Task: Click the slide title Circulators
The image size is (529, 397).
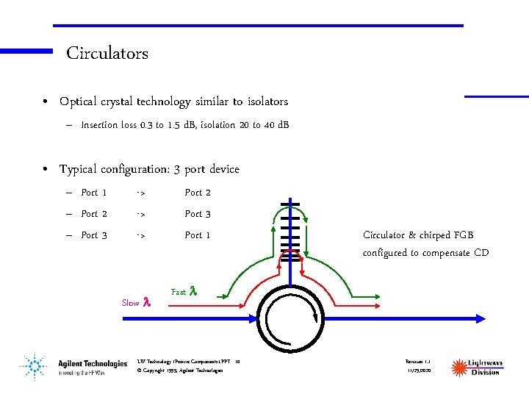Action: [107, 54]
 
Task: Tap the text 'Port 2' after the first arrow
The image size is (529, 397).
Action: [198, 193]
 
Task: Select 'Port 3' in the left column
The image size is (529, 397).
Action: [94, 235]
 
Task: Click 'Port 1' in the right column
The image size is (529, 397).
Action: [198, 235]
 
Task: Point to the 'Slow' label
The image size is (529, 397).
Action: [130, 303]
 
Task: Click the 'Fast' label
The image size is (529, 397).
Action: [179, 292]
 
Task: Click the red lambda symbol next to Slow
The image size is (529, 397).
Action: [146, 302]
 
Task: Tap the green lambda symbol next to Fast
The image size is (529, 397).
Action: [193, 291]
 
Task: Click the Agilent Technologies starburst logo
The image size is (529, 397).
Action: [33, 365]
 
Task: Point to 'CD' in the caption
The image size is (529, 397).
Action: [481, 254]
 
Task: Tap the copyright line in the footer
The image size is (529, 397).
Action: [179, 370]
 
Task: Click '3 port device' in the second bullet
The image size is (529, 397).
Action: [207, 170]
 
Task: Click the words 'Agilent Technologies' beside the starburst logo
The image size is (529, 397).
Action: [93, 363]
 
